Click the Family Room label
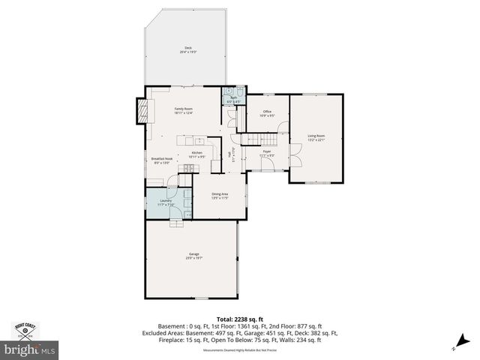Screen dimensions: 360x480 pyautogui.click(x=184, y=111)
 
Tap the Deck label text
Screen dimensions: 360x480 pyautogui.click(x=187, y=49)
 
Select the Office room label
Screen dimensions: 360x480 pyautogui.click(x=266, y=113)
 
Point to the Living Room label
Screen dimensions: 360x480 pyautogui.click(x=316, y=137)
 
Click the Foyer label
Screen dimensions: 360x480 pyautogui.click(x=266, y=153)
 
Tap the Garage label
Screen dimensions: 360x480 pyautogui.click(x=193, y=256)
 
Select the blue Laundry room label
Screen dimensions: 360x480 pyautogui.click(x=166, y=202)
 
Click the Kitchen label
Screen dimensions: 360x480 pyautogui.click(x=196, y=154)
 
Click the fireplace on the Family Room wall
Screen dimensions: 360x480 pyautogui.click(x=140, y=111)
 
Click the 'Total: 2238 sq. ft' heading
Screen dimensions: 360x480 pyautogui.click(x=239, y=319)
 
